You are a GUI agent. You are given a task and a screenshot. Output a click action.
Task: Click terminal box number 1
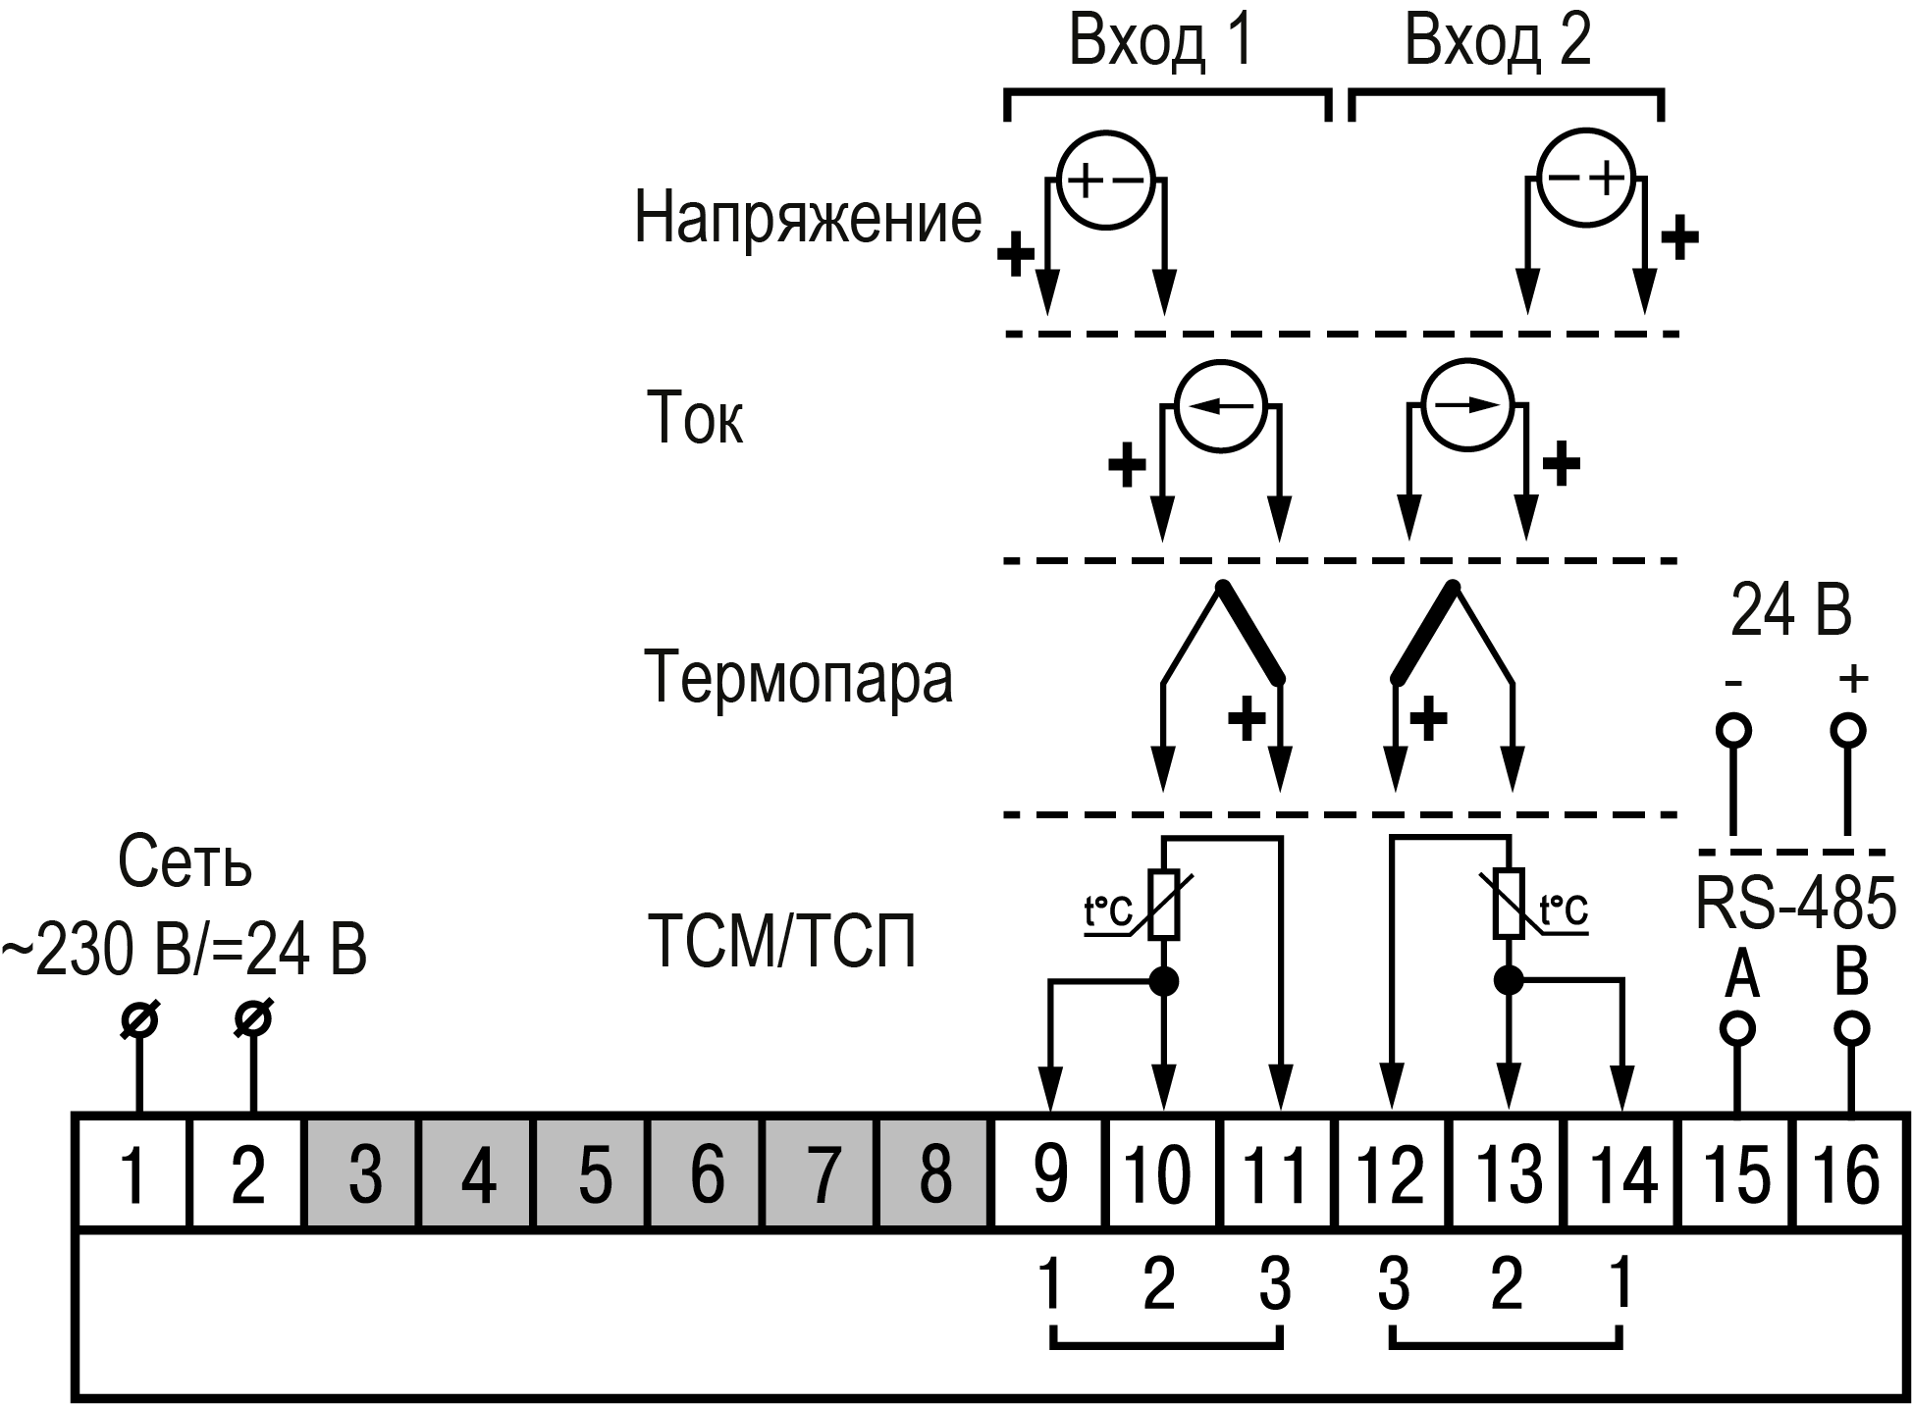[x=132, y=1171]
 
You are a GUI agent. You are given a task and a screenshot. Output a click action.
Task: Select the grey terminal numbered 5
[x=593, y=1171]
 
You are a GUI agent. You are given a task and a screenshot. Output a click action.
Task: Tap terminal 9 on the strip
[x=1050, y=1171]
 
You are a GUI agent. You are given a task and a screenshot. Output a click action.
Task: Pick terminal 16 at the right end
[x=1851, y=1171]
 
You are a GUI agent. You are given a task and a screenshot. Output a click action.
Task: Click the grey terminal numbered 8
[x=934, y=1171]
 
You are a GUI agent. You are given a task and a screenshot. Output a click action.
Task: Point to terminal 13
[x=1508, y=1171]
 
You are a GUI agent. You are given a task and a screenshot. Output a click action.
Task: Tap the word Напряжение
[x=807, y=218]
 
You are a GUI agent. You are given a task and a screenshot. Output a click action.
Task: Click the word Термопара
[x=798, y=677]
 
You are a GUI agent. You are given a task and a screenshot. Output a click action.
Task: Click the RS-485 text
[x=1795, y=903]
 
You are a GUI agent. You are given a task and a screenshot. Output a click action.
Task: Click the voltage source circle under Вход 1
[x=1104, y=182]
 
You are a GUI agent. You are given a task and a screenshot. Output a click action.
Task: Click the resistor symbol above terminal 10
[x=1164, y=905]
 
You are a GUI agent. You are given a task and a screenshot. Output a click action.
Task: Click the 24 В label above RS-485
[x=1790, y=610]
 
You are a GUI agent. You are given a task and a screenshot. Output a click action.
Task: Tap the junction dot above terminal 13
[x=1508, y=979]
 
